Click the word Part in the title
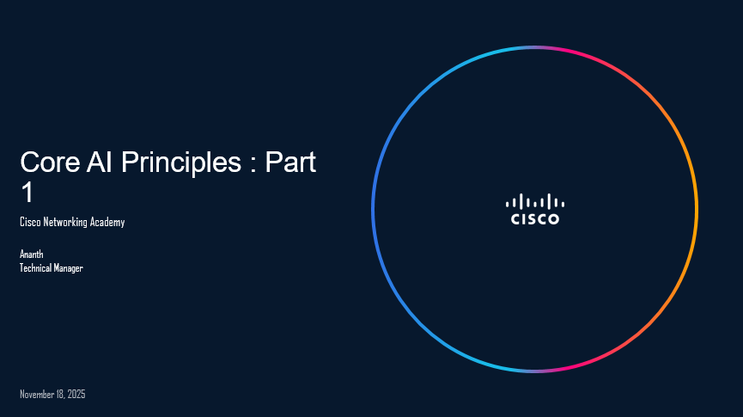pos(290,162)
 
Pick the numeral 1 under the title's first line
pos(27,193)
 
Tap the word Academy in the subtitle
pos(108,222)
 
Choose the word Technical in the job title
pos(37,267)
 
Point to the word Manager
pos(70,267)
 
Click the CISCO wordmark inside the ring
pos(535,218)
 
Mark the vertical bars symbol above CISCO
pos(535,202)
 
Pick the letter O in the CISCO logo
pos(553,218)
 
